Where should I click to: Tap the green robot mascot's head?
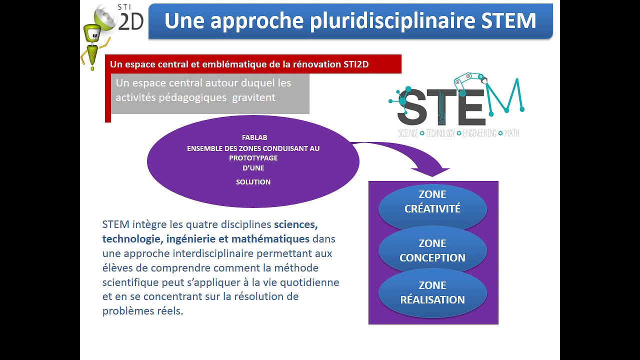tap(92, 34)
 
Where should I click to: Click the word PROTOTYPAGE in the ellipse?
tap(253, 158)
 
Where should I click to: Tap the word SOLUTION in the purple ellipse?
tap(253, 182)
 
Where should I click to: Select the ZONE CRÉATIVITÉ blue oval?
tap(432, 202)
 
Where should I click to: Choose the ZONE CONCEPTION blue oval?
tap(432, 250)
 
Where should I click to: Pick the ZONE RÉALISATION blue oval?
tap(432, 292)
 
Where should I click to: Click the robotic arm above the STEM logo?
tap(470, 80)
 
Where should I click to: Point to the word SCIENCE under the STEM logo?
tap(408, 133)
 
